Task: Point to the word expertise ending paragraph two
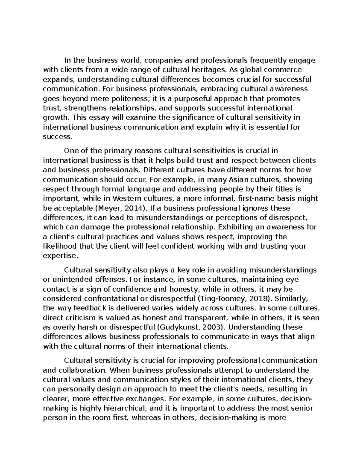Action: [60, 255]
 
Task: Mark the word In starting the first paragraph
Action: [67, 60]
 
